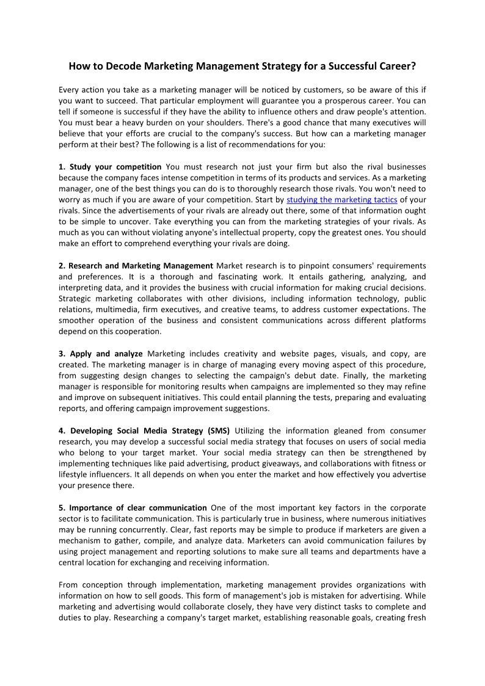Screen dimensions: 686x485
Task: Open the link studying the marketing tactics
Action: pyautogui.click(x=342, y=200)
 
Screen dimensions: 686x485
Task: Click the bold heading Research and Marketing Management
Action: pyautogui.click(x=140, y=266)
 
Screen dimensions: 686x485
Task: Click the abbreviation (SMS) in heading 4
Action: pyautogui.click(x=218, y=431)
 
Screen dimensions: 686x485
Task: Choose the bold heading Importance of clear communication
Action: pyautogui.click(x=138, y=508)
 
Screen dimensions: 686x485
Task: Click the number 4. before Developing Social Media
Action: pyautogui.click(x=62, y=431)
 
